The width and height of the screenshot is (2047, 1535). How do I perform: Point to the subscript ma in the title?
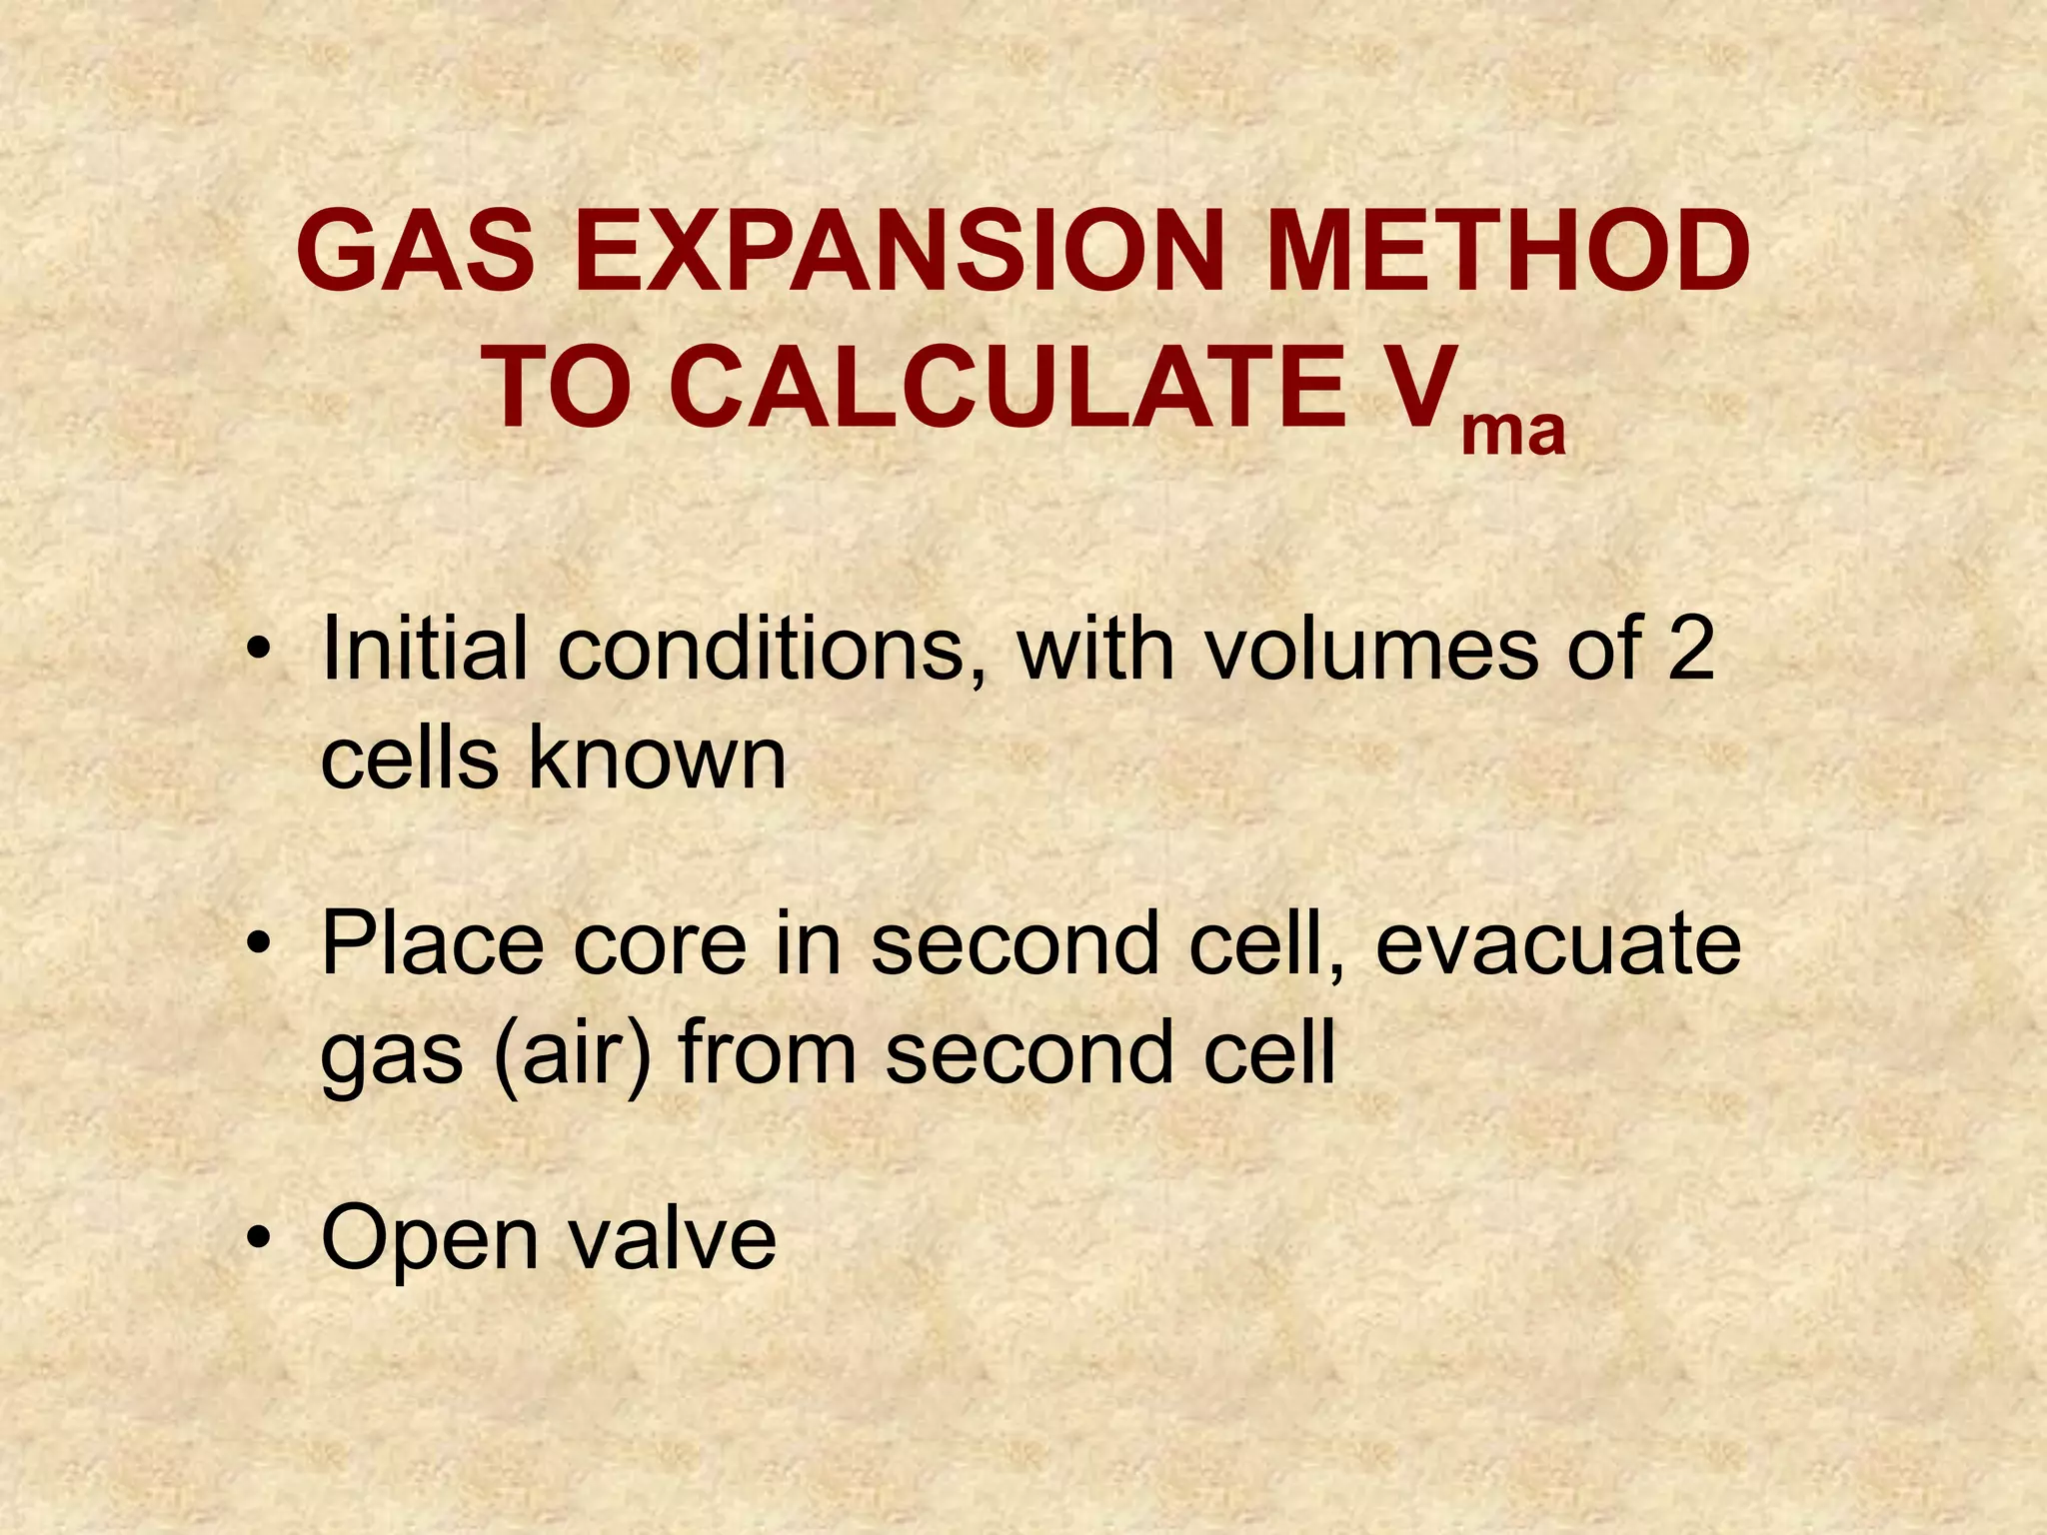pyautogui.click(x=1512, y=433)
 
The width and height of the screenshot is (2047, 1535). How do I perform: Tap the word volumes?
pyautogui.click(x=1370, y=650)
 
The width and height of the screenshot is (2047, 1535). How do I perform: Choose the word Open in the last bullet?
pyautogui.click(x=430, y=1240)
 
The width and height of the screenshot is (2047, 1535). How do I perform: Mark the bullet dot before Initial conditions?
pyautogui.click(x=261, y=653)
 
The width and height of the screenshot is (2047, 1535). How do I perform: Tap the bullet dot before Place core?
pyautogui.click(x=261, y=944)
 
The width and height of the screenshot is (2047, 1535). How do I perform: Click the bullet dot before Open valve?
pyautogui.click(x=261, y=1239)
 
